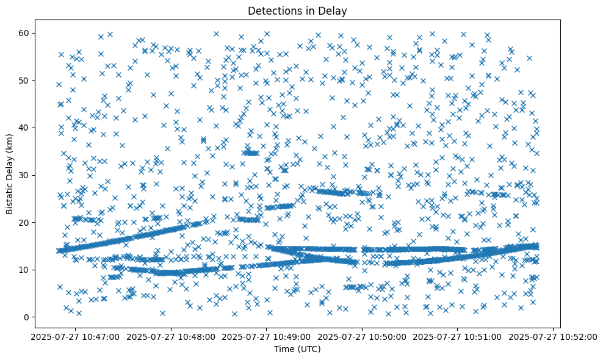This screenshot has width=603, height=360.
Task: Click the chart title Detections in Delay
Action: [298, 10]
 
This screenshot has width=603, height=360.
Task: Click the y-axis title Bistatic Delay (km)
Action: [10, 173]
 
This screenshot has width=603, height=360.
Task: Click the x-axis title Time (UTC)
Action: [298, 350]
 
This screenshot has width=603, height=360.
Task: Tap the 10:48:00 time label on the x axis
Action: [171, 336]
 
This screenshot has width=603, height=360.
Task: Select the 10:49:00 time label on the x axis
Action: [267, 336]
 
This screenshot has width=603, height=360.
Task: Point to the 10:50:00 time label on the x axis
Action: [363, 336]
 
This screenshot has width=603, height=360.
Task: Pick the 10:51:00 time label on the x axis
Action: [458, 336]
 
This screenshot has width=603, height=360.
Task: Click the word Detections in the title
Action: [271, 10]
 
